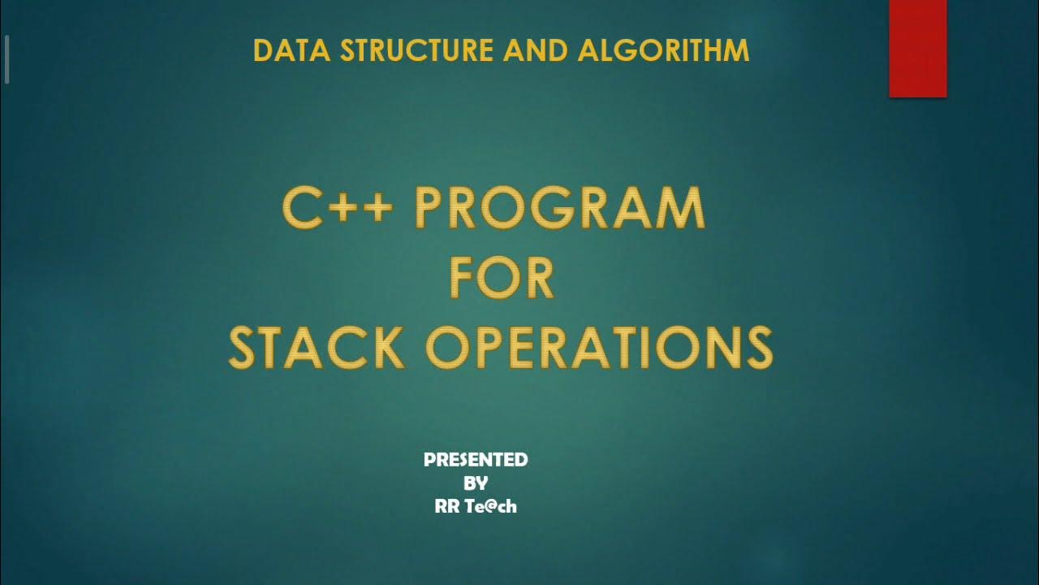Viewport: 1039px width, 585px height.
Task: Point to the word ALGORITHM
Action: coord(663,50)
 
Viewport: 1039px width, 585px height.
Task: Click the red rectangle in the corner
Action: coord(917,49)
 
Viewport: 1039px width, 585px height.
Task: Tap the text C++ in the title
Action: coord(338,208)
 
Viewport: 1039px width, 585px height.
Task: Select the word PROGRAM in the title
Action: coord(560,208)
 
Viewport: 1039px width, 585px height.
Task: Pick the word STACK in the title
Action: coord(317,347)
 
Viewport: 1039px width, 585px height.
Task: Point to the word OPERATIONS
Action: coord(599,347)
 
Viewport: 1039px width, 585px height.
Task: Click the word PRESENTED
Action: coord(476,460)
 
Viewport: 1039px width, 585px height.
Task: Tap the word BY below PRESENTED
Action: coord(476,483)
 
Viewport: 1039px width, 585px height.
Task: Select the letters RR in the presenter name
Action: coord(448,506)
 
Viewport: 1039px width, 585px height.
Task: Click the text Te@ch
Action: coord(491,506)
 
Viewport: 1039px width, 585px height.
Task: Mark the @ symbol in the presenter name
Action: coord(490,507)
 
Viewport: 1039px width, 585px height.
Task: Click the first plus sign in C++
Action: coord(337,210)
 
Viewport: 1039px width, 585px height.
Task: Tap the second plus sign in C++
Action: coord(376,210)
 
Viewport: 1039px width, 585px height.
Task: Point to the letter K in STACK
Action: coord(387,347)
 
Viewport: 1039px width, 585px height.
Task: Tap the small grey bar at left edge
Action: coord(6,59)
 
